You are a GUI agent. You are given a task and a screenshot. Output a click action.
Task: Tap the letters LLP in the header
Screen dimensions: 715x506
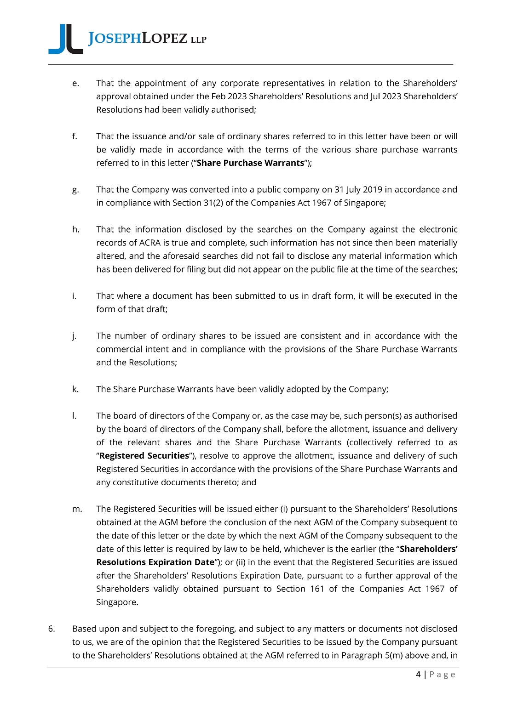pos(198,40)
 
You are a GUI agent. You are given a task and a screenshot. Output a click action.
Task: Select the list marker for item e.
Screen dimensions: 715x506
pos(75,83)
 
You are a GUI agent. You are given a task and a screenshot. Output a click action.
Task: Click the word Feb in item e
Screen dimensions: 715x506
pos(219,96)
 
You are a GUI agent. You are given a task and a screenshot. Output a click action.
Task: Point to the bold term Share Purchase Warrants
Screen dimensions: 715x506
pos(250,163)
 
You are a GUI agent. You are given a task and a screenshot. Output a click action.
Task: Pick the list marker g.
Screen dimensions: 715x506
pos(75,190)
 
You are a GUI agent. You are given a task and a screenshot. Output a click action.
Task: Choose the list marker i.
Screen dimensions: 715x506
pos(75,296)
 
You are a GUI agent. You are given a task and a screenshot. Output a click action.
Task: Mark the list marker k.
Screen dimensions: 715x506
pos(75,389)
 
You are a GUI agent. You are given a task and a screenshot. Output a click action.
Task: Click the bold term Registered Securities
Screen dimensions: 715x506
pos(144,456)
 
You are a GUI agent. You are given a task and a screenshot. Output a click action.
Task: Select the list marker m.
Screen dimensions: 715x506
pos(77,509)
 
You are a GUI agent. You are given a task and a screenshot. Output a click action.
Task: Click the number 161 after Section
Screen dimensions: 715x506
pos(317,589)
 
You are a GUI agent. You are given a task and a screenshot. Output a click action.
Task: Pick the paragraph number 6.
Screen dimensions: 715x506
pos(51,629)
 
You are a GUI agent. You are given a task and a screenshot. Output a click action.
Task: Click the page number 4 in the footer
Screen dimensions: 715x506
pos(418,675)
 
